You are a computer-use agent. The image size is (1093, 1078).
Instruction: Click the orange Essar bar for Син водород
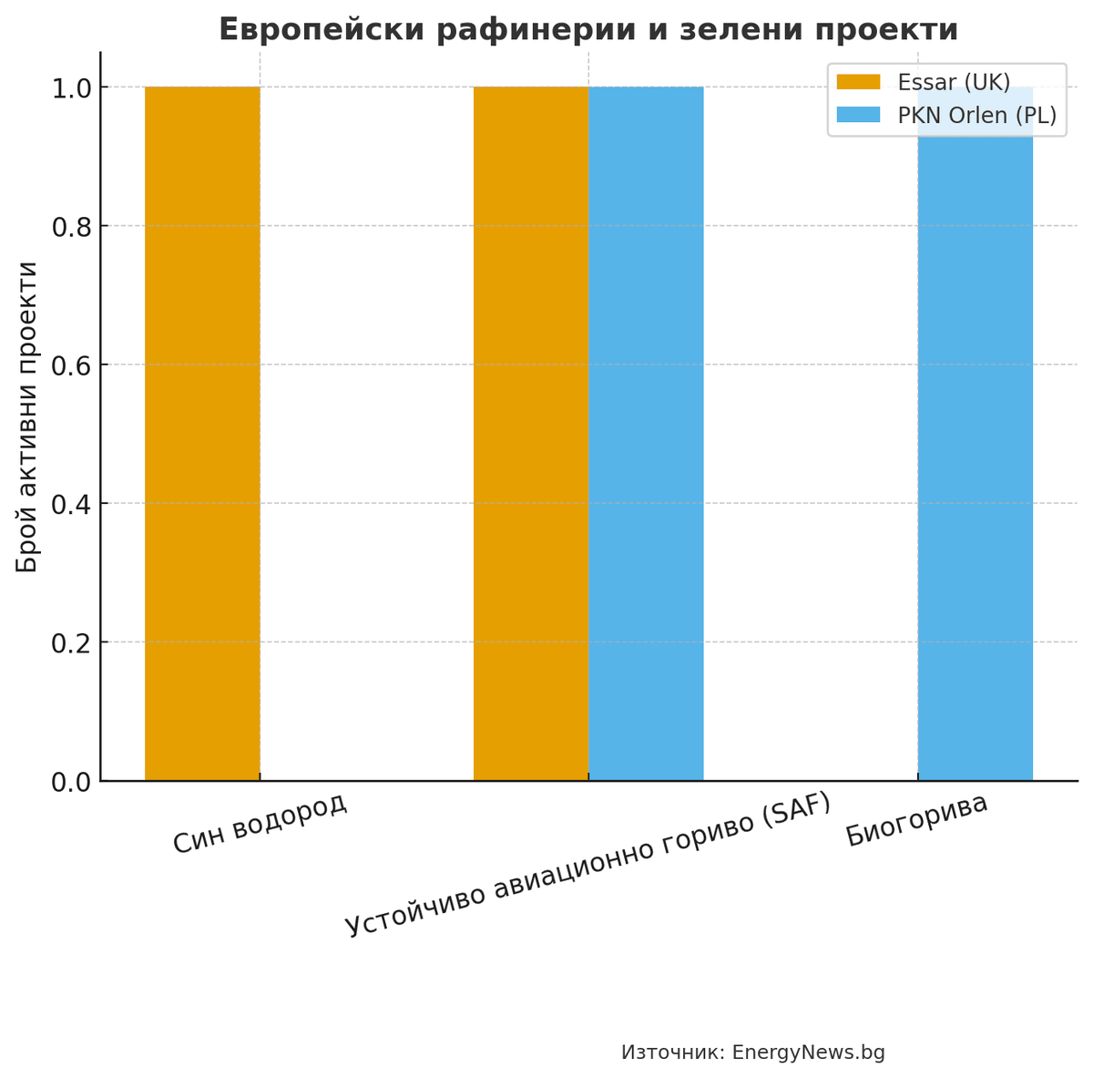[202, 434]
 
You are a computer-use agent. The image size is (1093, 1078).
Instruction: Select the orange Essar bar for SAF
[530, 434]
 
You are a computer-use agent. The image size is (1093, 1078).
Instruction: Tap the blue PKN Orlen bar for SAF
[646, 434]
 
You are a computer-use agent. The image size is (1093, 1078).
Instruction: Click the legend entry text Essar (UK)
[954, 82]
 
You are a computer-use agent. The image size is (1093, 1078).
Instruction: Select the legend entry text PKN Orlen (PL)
[976, 115]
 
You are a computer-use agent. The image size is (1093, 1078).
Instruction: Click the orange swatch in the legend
[859, 82]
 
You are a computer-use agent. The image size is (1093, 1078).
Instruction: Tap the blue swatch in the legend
[859, 115]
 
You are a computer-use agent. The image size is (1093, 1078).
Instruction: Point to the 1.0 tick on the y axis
[70, 88]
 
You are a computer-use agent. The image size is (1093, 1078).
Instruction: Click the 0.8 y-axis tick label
[70, 227]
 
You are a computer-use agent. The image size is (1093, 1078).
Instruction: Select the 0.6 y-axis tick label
[70, 365]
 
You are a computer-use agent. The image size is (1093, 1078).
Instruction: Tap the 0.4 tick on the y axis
[70, 504]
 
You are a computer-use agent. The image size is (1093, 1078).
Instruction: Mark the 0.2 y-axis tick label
[70, 643]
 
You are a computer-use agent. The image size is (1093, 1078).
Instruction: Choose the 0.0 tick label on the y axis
[70, 782]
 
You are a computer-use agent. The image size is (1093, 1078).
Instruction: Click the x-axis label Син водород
[260, 823]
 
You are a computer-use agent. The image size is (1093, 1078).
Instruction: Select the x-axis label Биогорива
[916, 820]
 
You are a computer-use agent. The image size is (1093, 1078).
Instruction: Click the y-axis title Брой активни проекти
[28, 416]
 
